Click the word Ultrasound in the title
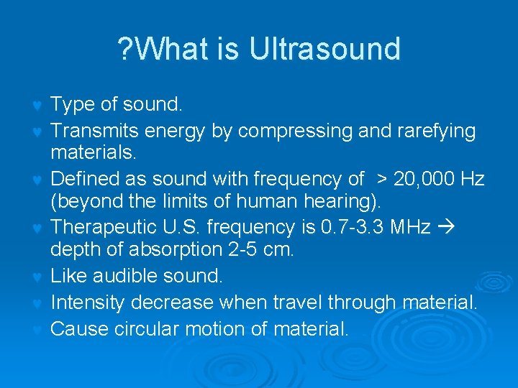pyautogui.click(x=324, y=50)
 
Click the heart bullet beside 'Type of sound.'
pyautogui.click(x=37, y=106)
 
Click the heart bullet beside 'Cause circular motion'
pyautogui.click(x=37, y=331)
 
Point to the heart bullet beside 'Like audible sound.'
pyautogui.click(x=37, y=277)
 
